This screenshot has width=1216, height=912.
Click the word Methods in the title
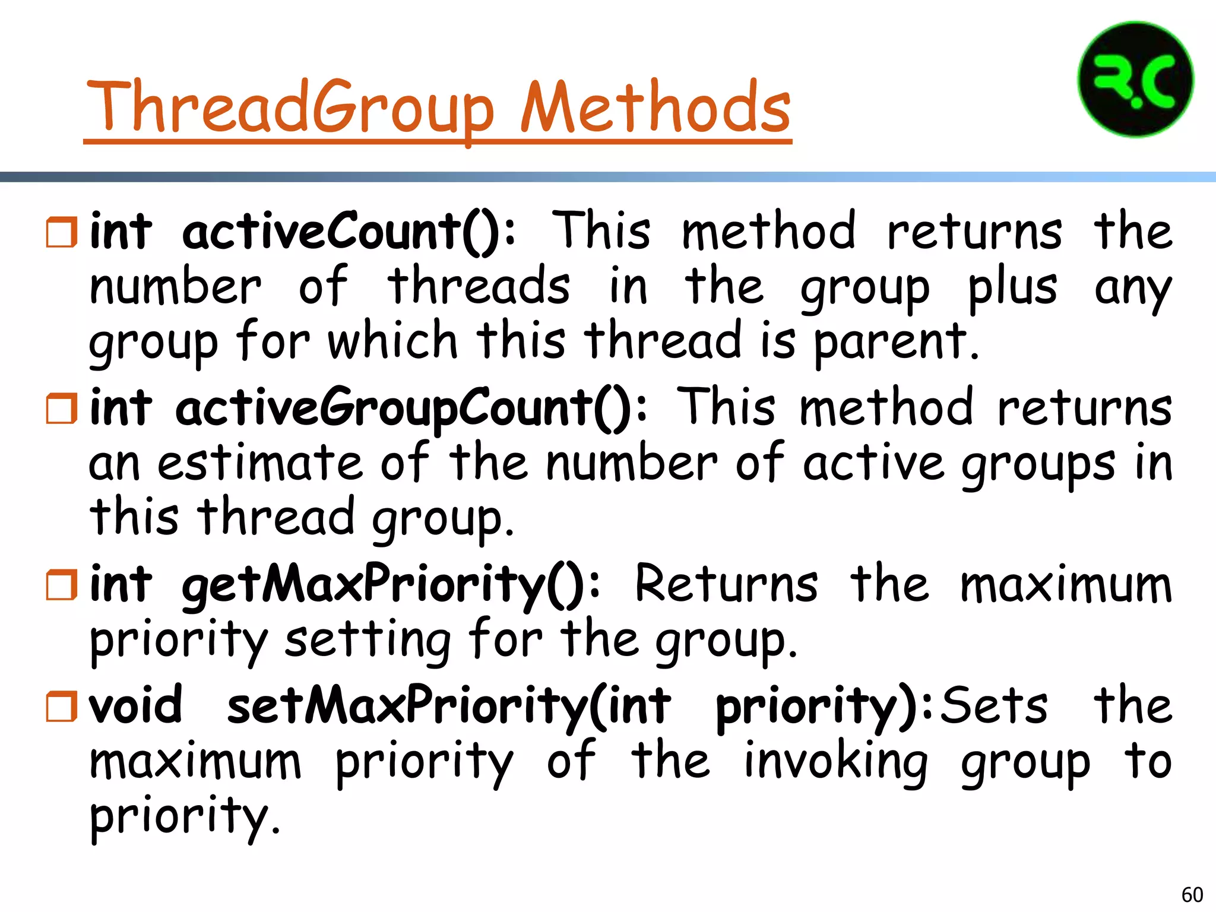coord(655,107)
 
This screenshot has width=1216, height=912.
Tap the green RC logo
coord(1135,80)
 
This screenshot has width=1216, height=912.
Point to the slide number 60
coord(1192,894)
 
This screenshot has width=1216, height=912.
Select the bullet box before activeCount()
coord(62,232)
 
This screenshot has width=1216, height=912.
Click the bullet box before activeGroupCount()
coord(62,408)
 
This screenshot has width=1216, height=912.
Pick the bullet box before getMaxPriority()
coord(62,585)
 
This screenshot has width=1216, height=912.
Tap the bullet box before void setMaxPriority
coord(62,706)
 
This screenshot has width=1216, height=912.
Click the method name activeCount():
coord(349,232)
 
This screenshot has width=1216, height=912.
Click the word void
coord(136,705)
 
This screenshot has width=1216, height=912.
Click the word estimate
coord(260,463)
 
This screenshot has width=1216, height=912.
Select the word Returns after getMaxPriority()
coord(726,584)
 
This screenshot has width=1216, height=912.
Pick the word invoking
coord(835,762)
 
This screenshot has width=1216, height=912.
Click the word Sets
coord(995,705)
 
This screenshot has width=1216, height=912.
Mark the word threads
coord(479,286)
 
